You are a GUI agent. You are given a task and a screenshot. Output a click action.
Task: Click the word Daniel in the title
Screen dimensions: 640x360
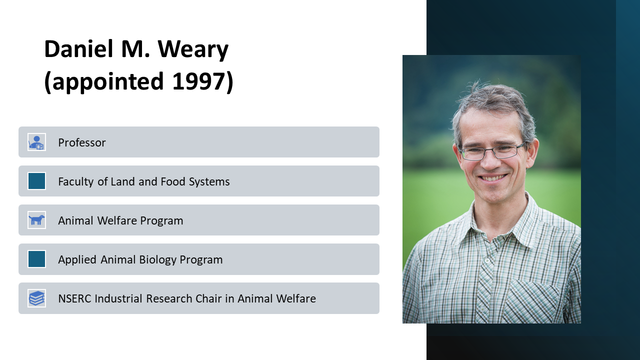(x=79, y=49)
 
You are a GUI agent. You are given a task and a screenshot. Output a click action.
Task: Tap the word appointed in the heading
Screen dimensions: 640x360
(x=108, y=82)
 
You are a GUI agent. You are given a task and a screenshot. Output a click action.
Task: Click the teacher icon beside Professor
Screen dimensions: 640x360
(x=36, y=142)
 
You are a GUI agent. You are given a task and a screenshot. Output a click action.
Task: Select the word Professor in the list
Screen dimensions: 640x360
(x=81, y=142)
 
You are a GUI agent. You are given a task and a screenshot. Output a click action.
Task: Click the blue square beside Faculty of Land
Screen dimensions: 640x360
(x=36, y=181)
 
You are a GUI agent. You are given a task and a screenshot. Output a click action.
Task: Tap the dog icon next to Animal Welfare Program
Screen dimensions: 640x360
(x=36, y=220)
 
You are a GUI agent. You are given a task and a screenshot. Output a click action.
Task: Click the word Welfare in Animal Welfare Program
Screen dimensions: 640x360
(x=117, y=220)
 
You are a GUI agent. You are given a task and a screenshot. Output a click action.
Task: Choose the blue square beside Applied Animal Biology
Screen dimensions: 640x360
(x=36, y=259)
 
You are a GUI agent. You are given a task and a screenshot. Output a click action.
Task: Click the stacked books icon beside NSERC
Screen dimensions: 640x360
(x=36, y=298)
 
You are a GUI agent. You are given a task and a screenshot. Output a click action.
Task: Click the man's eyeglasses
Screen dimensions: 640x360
(x=492, y=151)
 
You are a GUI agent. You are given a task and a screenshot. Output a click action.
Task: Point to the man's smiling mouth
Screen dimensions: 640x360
(x=493, y=177)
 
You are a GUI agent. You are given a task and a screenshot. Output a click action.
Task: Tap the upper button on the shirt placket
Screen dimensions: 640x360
(x=487, y=260)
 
